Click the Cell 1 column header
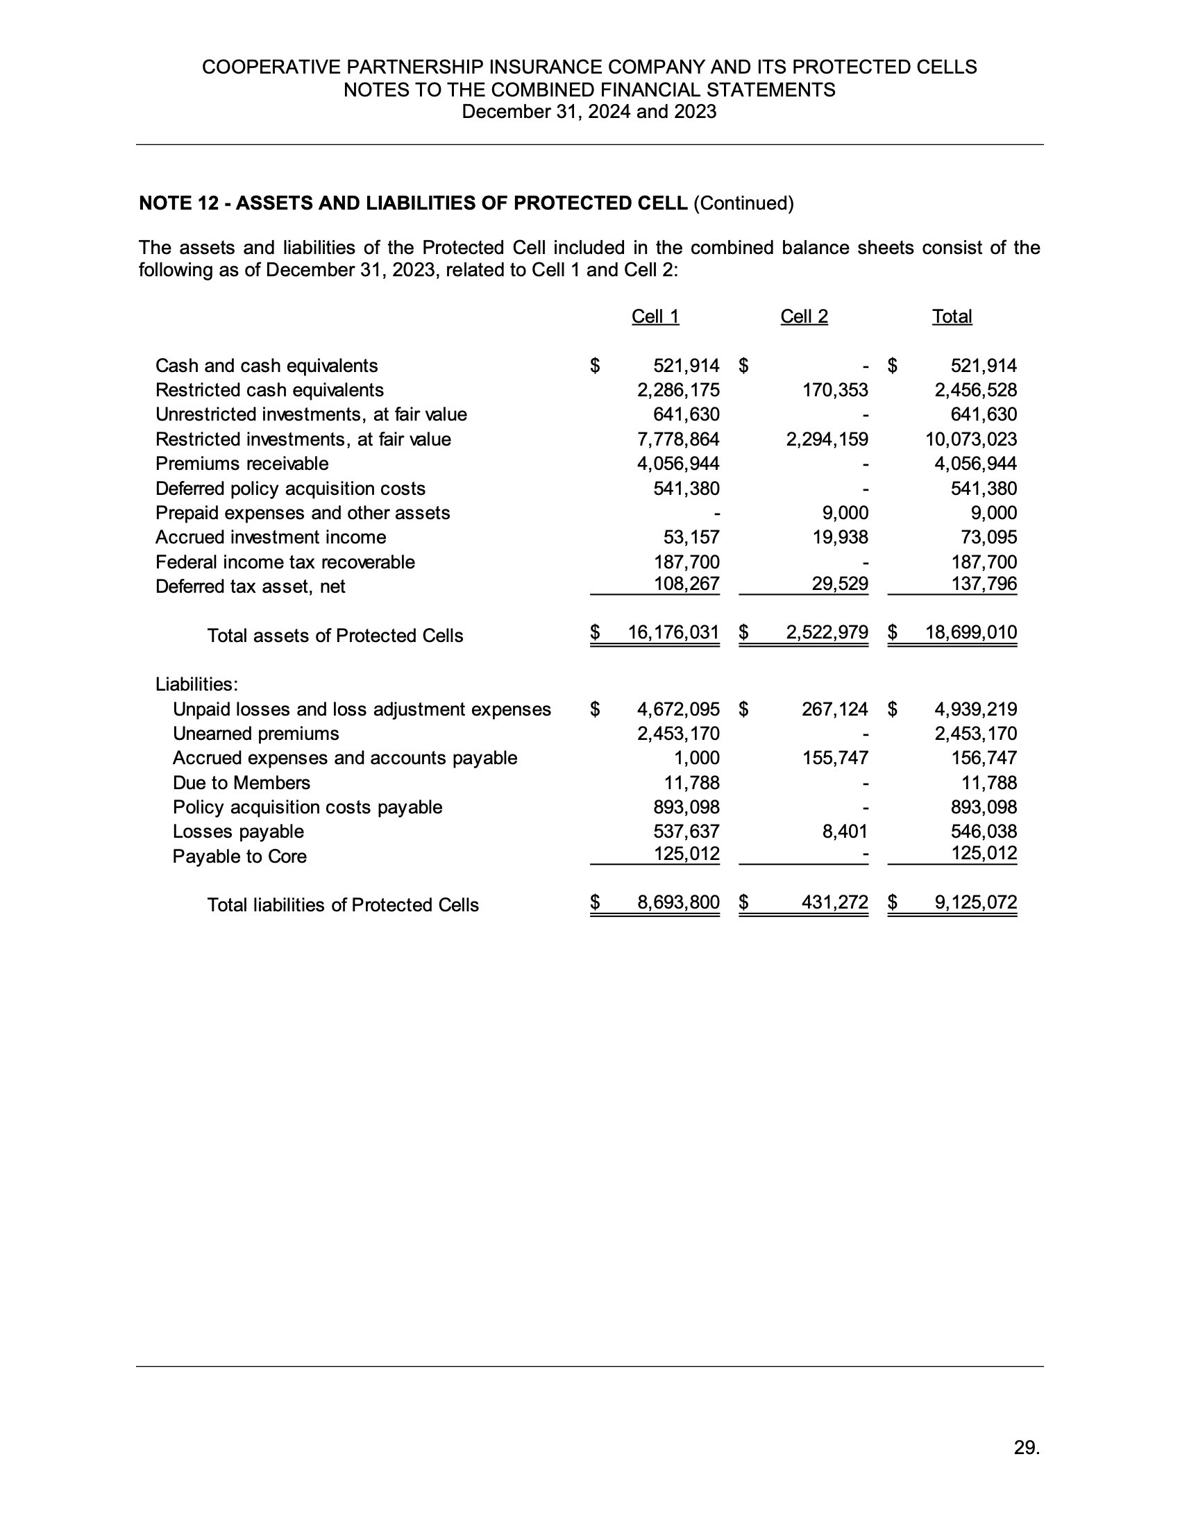655,317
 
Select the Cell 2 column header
804,317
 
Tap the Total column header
952,317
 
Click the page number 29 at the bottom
1026,1447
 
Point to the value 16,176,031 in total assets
673,633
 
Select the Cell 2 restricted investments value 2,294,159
827,439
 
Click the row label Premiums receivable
242,464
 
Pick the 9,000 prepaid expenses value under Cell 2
845,513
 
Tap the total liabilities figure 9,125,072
976,902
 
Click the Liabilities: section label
196,684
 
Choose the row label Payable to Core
239,857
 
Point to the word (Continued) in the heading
743,203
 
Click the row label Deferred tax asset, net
251,587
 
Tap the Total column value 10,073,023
971,439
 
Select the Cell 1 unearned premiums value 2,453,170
678,734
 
